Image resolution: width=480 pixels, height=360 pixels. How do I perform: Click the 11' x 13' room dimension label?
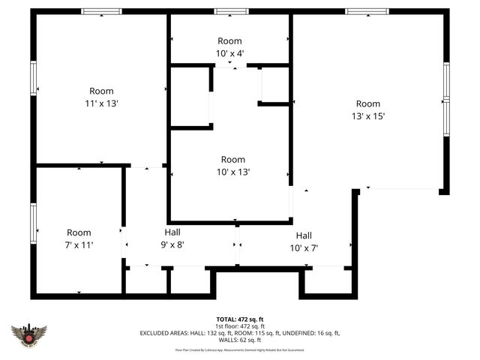[x=101, y=103]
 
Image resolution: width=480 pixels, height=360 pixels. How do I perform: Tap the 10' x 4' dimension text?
[x=230, y=52]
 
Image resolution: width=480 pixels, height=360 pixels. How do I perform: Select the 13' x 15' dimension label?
[x=367, y=116]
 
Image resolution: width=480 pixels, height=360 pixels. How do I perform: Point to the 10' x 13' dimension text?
[x=232, y=172]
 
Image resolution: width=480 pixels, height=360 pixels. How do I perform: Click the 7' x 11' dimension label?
[x=79, y=245]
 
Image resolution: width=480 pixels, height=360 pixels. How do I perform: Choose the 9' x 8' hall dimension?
[x=172, y=244]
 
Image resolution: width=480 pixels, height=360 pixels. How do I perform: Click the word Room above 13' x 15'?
[x=367, y=103]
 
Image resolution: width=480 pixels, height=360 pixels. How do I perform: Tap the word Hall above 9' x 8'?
[x=172, y=232]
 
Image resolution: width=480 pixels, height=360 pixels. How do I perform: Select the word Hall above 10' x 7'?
[x=304, y=235]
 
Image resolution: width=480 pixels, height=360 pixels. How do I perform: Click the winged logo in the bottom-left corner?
[x=30, y=335]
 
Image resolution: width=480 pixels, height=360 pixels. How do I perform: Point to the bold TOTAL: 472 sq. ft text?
[x=240, y=319]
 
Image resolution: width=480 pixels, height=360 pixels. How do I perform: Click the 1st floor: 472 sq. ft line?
[x=240, y=326]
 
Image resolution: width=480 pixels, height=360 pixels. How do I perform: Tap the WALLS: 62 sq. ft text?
[x=240, y=340]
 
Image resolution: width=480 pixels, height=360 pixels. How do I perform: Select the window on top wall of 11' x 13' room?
[x=101, y=12]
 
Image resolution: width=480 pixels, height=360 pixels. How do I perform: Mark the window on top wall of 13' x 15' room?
[x=367, y=12]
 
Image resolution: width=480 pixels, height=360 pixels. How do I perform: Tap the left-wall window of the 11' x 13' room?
[x=33, y=79]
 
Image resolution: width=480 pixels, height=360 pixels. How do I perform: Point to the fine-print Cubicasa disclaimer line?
[x=240, y=349]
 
